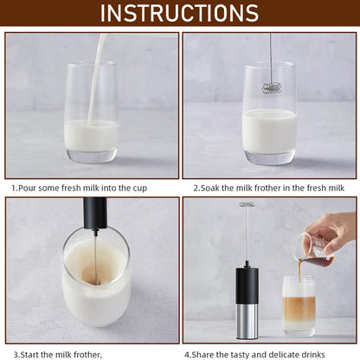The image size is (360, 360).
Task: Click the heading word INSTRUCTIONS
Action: [x=179, y=13]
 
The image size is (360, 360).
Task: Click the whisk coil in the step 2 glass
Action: [x=270, y=87]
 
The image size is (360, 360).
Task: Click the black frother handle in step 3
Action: [x=95, y=213]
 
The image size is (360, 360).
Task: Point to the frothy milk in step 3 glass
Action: [x=95, y=264]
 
